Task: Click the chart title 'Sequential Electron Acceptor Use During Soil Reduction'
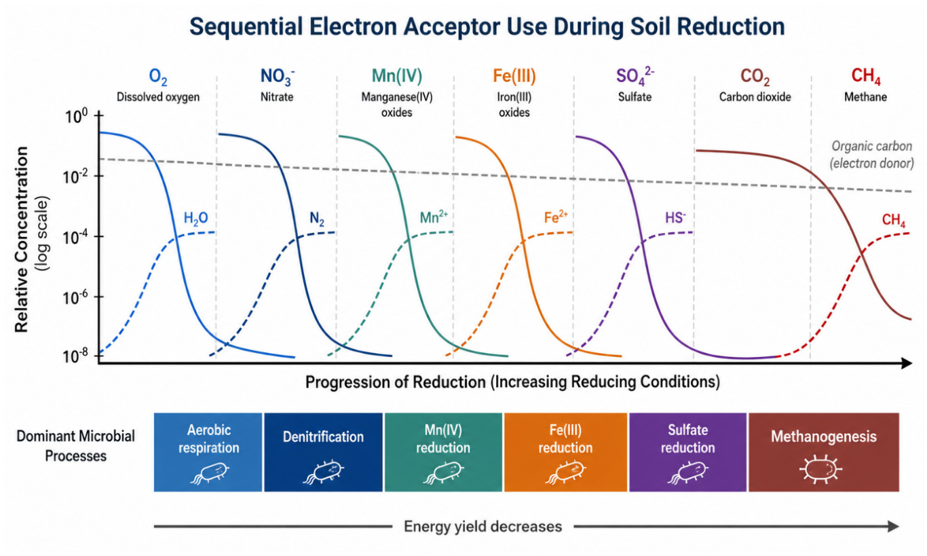pos(487,26)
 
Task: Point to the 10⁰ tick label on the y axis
pos(76,117)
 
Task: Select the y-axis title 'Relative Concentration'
pos(22,239)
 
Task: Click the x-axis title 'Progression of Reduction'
pos(395,382)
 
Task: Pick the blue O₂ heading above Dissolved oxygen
pos(157,77)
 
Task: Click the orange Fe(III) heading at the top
pos(514,76)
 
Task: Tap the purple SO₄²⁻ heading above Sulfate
pos(635,76)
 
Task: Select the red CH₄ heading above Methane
pos(865,76)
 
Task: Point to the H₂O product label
pos(195,218)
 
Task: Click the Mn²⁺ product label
pos(434,217)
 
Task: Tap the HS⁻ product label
pos(675,217)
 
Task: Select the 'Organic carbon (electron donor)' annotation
pos(871,155)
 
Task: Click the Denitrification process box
pos(323,452)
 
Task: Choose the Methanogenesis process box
pos(824,452)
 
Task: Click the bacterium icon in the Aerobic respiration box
pos(210,472)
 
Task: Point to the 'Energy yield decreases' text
pos(483,527)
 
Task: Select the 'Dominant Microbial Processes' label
pos(76,446)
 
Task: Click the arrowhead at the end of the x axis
pos(907,363)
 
